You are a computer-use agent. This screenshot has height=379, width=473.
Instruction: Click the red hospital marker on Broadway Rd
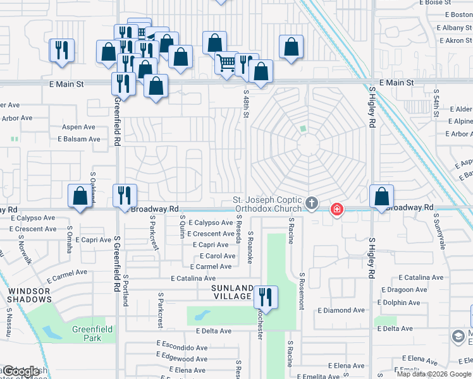pyautogui.click(x=337, y=209)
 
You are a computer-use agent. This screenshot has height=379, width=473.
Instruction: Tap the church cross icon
pyautogui.click(x=311, y=203)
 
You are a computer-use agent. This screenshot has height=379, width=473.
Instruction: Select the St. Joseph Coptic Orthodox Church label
pyautogui.click(x=268, y=203)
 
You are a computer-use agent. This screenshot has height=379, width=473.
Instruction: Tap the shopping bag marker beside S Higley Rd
pyautogui.click(x=382, y=197)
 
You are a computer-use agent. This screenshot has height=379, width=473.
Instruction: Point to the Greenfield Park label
pyautogui.click(x=92, y=333)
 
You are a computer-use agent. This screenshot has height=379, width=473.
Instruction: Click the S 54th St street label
pyautogui.click(x=436, y=104)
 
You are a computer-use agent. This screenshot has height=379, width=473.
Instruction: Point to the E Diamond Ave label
pyautogui.click(x=341, y=310)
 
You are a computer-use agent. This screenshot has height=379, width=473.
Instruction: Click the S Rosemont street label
pyautogui.click(x=302, y=291)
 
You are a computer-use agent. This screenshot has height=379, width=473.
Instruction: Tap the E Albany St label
pyautogui.click(x=454, y=28)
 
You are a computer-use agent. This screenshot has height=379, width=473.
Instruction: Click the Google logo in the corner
pyautogui.click(x=20, y=371)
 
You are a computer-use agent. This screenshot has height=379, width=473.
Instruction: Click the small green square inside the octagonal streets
pyautogui.click(x=303, y=129)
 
